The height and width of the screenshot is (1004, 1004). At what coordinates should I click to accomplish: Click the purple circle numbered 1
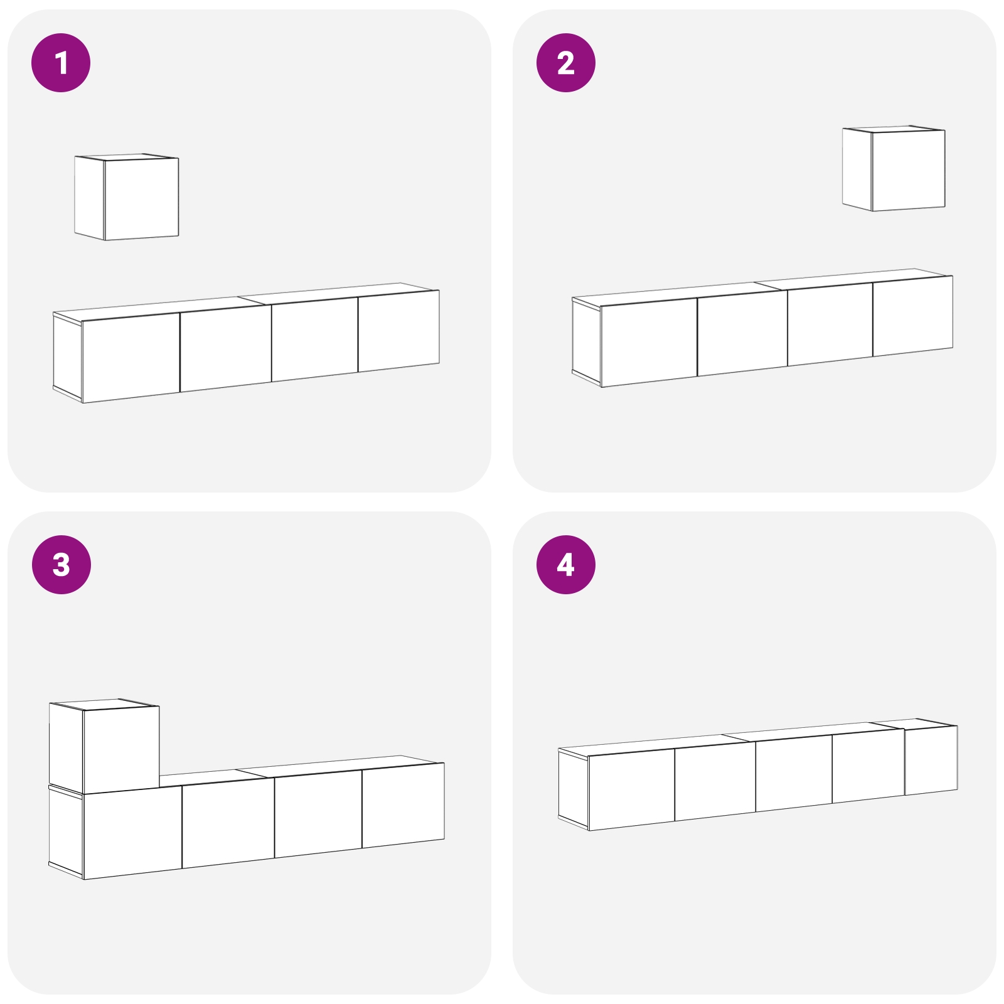click(x=61, y=63)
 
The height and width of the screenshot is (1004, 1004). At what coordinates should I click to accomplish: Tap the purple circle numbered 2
click(x=565, y=63)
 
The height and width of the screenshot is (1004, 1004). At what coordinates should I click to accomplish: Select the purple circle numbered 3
click(x=61, y=564)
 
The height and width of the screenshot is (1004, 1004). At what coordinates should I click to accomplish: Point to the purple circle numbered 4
click(x=565, y=564)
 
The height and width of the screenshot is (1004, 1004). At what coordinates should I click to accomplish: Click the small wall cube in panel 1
click(x=141, y=198)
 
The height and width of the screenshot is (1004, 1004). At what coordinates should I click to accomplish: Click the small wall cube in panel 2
click(x=908, y=170)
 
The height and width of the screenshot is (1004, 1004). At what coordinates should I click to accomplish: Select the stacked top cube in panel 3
click(x=121, y=750)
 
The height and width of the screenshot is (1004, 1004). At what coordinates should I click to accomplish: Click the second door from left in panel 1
click(x=226, y=348)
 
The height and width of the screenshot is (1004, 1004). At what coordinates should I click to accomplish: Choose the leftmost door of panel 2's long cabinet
click(x=649, y=342)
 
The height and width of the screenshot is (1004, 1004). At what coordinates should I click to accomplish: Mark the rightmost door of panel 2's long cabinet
click(x=912, y=316)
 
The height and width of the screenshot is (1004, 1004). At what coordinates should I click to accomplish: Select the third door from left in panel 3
click(x=318, y=814)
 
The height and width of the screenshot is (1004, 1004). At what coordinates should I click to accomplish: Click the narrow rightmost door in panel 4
click(x=931, y=760)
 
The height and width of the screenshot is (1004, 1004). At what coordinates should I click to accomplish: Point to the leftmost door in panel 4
click(x=631, y=788)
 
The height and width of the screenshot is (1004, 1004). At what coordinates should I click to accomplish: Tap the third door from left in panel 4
click(x=794, y=774)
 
